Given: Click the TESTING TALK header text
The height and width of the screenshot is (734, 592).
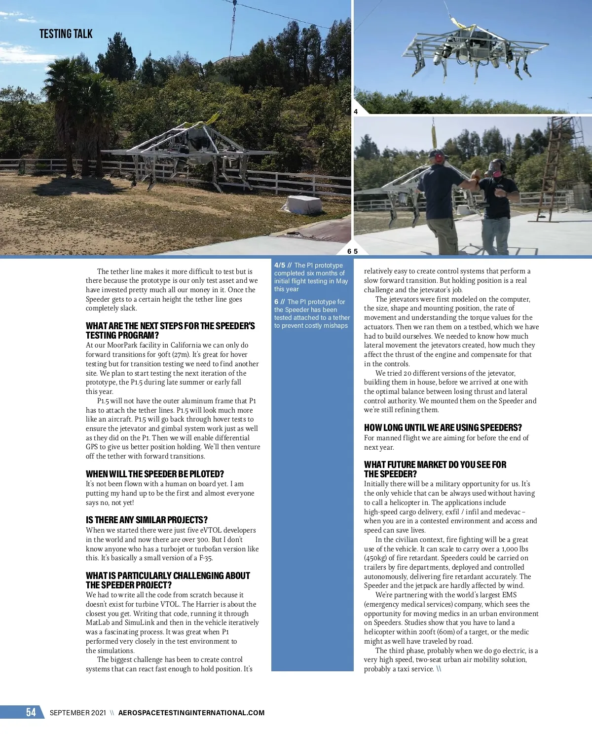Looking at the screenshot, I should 66,34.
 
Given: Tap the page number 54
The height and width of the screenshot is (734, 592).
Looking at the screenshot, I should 31,712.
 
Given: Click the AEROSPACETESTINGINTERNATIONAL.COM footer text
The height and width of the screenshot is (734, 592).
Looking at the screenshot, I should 191,713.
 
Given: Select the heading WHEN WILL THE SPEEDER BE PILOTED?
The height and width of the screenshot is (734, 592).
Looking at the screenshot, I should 155,474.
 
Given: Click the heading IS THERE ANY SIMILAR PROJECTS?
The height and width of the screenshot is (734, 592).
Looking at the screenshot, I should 147,520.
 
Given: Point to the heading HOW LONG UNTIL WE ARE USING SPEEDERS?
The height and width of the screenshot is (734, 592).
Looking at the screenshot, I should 443,427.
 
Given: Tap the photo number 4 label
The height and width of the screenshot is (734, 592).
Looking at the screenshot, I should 356,112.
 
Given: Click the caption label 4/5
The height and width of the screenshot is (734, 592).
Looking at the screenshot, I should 280,265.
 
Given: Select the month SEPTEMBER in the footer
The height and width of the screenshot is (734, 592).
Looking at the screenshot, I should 69,713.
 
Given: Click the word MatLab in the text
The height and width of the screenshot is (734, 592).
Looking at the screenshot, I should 97,622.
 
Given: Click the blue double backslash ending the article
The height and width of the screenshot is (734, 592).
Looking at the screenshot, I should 439,669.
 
